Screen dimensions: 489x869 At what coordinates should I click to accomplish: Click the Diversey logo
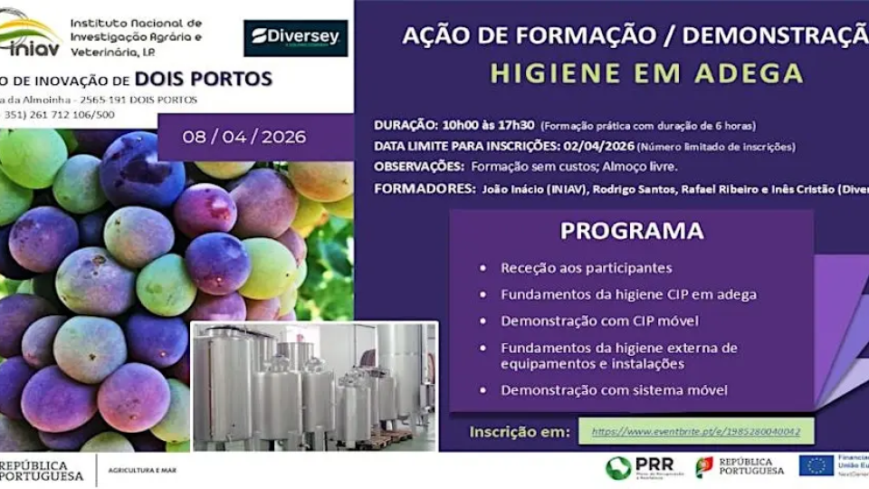click(295, 37)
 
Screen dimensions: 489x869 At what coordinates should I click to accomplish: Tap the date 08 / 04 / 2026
click(244, 138)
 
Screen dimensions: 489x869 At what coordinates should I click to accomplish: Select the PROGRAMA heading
click(632, 231)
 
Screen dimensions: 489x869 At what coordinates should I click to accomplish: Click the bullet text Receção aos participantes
click(587, 268)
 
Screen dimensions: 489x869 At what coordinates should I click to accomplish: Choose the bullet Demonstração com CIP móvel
click(588, 320)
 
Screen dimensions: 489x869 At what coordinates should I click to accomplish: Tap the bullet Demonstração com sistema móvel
click(601, 389)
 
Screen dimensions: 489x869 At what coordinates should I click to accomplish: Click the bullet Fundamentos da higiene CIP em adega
click(628, 294)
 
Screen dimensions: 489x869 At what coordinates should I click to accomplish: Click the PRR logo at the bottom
click(642, 467)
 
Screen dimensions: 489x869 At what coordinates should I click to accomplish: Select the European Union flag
click(816, 465)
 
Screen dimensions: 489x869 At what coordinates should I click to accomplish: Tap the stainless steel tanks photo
click(314, 386)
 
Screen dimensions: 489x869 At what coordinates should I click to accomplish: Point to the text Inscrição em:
click(520, 432)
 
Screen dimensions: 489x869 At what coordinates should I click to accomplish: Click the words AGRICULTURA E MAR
click(142, 471)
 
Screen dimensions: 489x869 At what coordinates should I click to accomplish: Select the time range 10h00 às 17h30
click(489, 125)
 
